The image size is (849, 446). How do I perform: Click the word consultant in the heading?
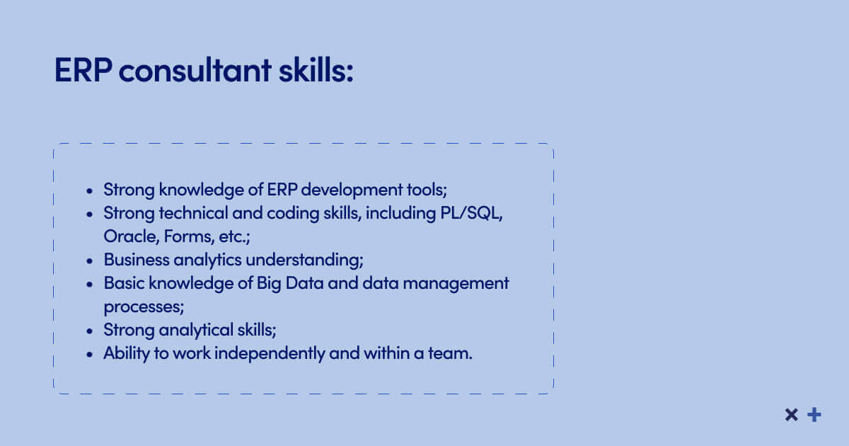195,70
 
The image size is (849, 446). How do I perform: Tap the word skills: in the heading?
316,70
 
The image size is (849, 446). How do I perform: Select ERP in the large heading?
83,70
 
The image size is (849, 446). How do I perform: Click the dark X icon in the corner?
792,415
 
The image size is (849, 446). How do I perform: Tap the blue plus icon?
814,415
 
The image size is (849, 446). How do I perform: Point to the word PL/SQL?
471,214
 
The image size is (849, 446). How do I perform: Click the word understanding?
305,261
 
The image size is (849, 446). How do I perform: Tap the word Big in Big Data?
269,284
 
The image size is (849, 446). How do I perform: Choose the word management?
456,284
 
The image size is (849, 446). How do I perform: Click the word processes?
144,307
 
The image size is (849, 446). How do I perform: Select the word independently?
270,354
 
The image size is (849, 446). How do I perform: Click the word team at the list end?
449,354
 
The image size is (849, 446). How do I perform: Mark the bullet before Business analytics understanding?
89,261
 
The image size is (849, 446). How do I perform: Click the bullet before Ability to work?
89,355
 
